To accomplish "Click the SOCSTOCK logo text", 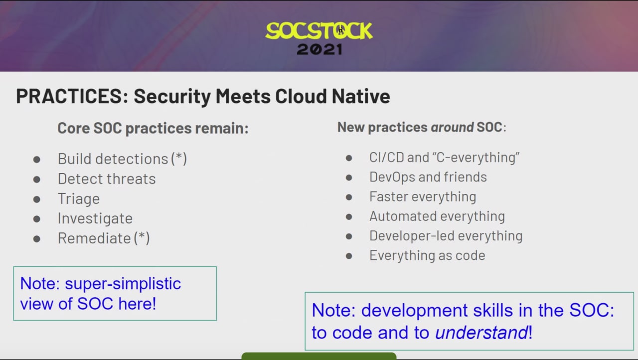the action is coord(319,30).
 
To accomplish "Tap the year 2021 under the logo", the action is coord(319,49).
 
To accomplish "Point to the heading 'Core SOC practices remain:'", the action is coord(153,128).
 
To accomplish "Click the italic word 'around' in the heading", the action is coord(452,127).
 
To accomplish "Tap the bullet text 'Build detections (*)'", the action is coord(123,159).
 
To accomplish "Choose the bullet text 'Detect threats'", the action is coord(107,179).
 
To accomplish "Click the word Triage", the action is coord(79,199).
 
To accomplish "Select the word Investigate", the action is coord(95,219).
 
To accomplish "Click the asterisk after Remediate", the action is coord(142,236).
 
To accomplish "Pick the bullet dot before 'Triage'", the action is coord(36,199).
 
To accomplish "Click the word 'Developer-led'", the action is coord(412,236).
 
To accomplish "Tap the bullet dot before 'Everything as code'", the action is coord(349,256).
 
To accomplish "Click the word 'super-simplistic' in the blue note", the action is coord(123,284).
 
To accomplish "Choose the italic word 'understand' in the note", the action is coord(481,333).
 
